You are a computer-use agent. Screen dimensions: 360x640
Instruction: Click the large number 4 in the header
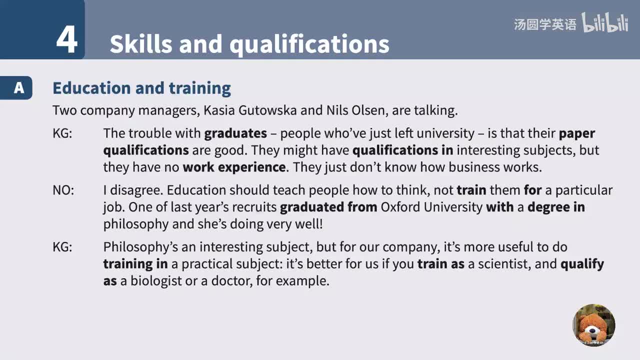(x=67, y=39)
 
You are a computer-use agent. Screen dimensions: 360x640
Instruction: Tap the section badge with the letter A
(x=18, y=88)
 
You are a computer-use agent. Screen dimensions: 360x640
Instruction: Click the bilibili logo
(x=605, y=23)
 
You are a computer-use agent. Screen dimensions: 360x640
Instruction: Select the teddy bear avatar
(x=593, y=325)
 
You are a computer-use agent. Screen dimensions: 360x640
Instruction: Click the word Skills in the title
(x=140, y=44)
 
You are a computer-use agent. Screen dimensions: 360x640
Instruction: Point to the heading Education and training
(x=141, y=88)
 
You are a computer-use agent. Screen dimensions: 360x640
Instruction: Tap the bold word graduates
(x=235, y=133)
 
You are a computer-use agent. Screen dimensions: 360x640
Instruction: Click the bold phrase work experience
(x=234, y=167)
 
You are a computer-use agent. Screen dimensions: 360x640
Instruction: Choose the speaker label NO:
(x=63, y=190)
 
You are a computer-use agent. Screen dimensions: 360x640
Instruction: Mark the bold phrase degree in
(x=556, y=207)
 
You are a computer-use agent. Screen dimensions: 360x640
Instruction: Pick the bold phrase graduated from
(x=328, y=207)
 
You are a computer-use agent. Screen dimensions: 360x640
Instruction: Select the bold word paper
(x=577, y=133)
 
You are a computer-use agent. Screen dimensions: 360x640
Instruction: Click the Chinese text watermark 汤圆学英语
(x=545, y=24)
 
